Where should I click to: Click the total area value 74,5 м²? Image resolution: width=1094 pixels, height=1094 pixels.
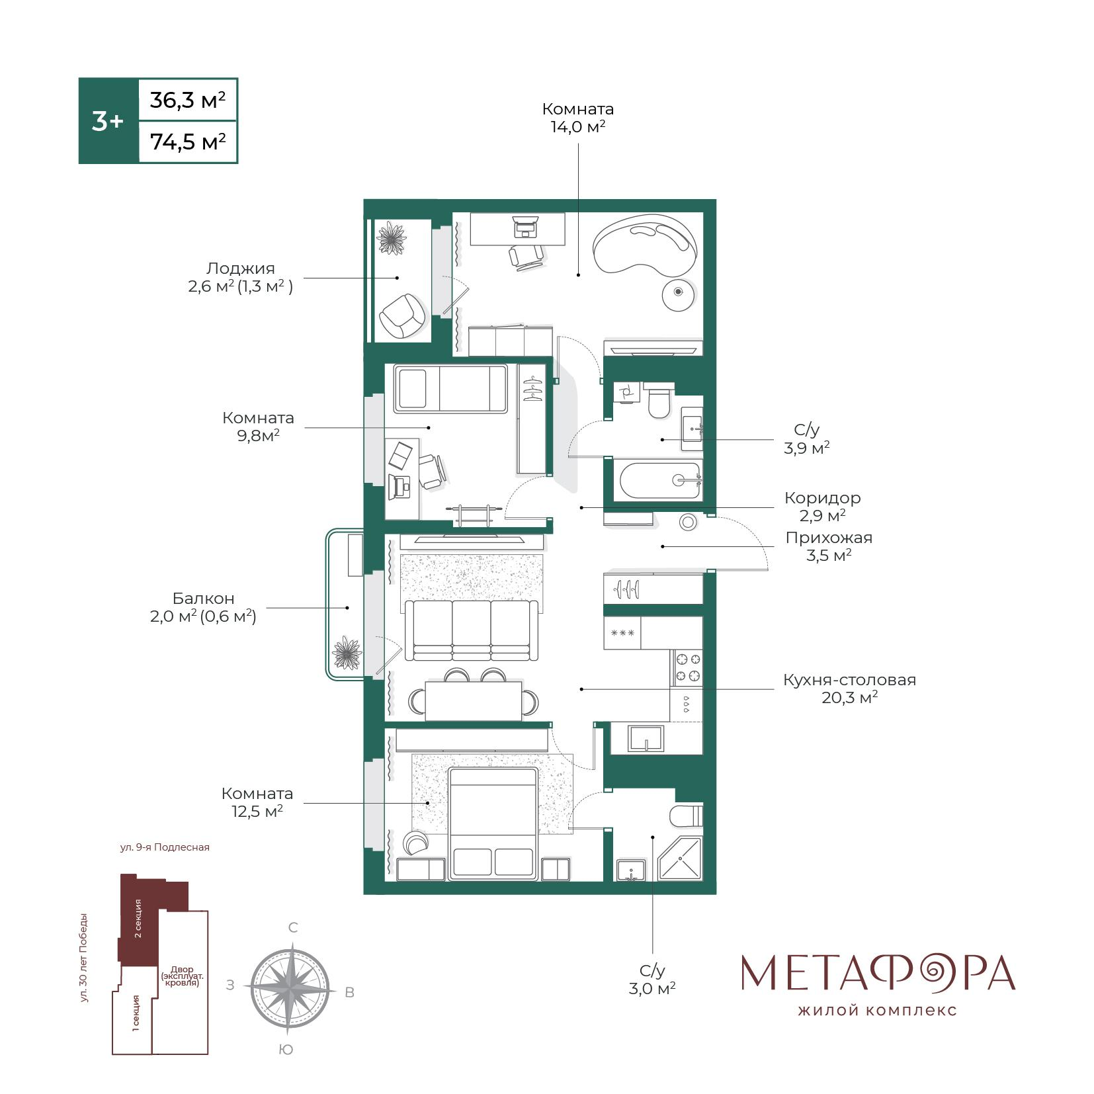click(188, 142)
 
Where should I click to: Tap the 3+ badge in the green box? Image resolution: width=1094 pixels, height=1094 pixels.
click(107, 121)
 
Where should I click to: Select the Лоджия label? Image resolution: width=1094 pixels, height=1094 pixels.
click(240, 269)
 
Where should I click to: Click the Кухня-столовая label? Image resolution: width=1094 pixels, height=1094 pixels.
click(849, 680)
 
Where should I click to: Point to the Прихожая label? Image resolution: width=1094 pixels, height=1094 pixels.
click(829, 538)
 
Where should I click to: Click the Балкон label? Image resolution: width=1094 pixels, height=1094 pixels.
click(204, 599)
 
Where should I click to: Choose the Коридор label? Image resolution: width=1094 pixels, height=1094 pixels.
click(822, 497)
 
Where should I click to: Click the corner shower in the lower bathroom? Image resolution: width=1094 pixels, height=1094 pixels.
click(680, 859)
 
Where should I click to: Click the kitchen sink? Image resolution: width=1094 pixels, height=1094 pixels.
click(646, 738)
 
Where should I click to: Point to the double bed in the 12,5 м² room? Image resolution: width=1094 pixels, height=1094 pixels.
click(493, 823)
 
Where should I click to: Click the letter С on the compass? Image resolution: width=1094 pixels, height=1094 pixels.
click(294, 928)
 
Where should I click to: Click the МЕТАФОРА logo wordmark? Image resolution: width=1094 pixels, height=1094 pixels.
click(878, 972)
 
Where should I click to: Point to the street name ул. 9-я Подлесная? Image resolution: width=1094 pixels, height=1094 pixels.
click(165, 847)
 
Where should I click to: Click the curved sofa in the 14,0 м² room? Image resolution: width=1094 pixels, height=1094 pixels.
click(645, 247)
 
